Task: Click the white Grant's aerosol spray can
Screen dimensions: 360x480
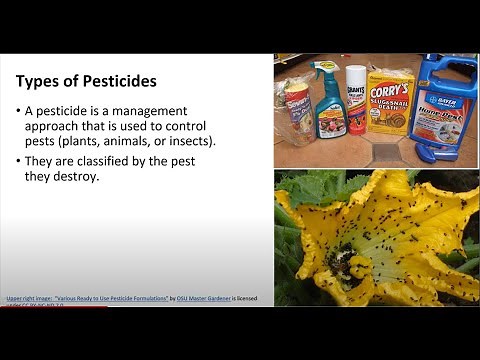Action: click(x=355, y=100)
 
